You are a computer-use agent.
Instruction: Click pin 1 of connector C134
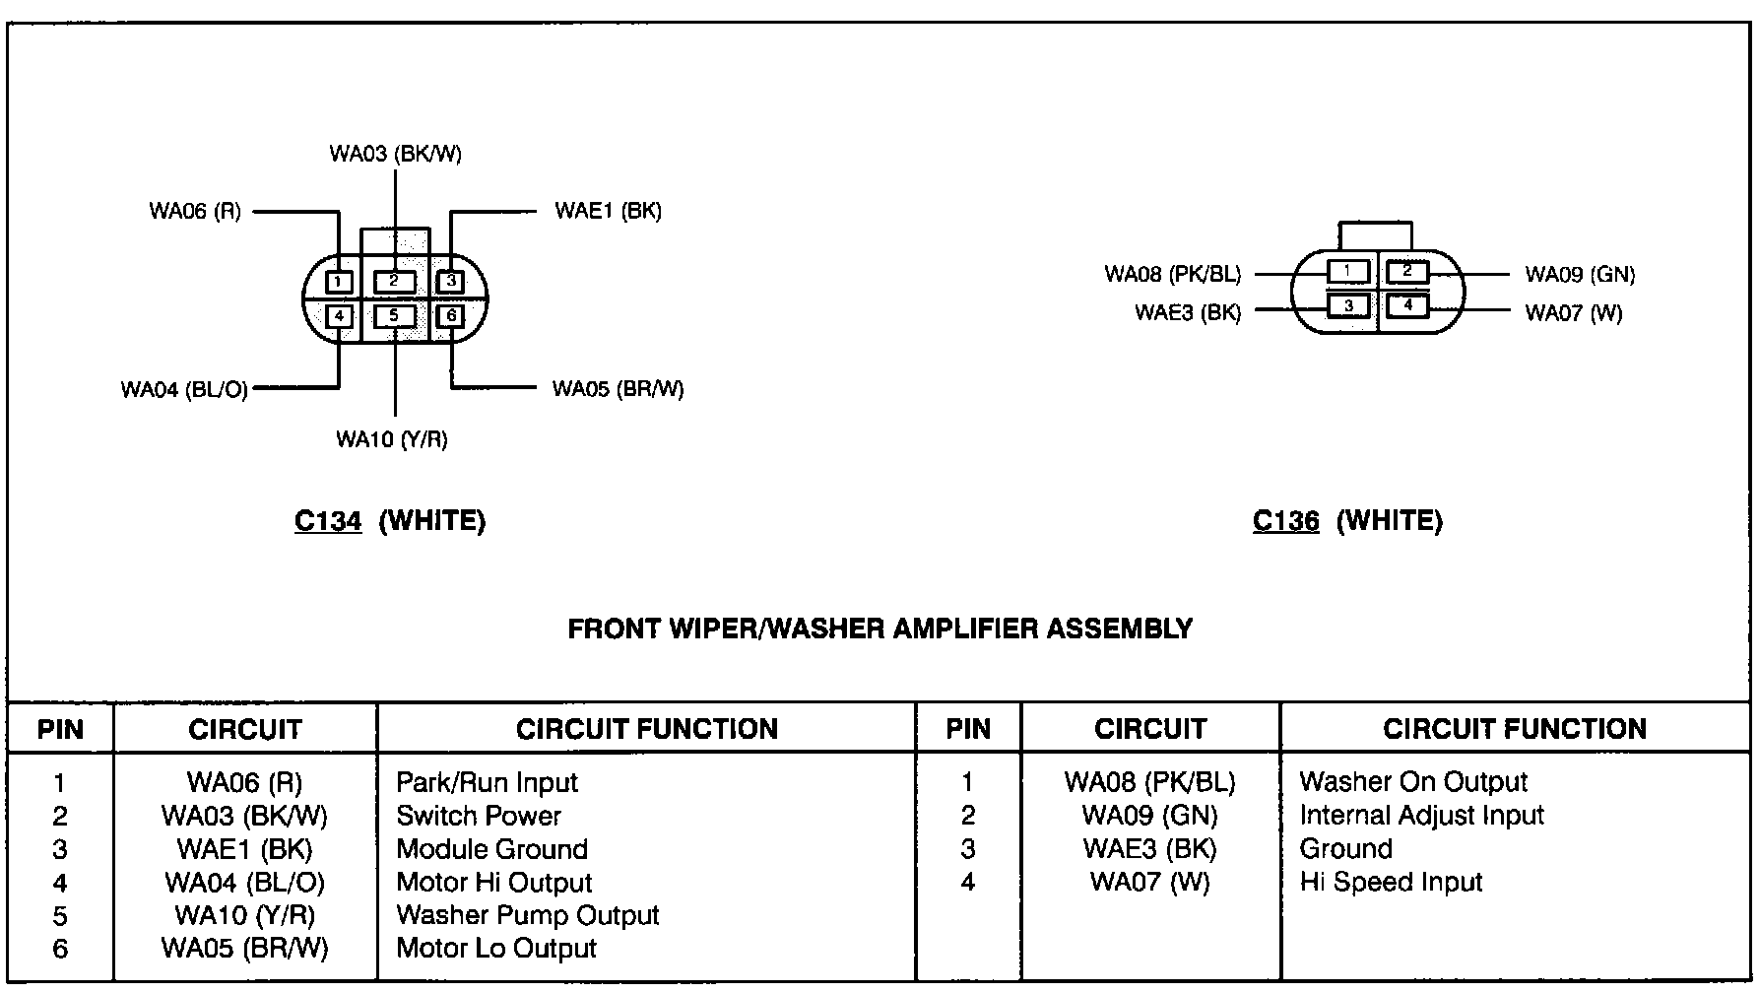coord(338,282)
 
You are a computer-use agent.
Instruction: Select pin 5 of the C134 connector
coord(394,316)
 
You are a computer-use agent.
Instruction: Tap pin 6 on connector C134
coord(451,316)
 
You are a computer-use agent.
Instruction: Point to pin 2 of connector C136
coord(1407,271)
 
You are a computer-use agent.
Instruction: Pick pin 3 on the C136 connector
coord(1348,305)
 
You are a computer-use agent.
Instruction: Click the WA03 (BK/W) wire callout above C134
coord(395,154)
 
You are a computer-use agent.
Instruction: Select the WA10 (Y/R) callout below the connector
coord(392,439)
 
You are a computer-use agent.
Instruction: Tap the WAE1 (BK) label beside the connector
coord(608,211)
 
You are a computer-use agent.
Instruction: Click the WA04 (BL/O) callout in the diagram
coord(184,390)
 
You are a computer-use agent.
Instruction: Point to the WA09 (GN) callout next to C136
coord(1580,275)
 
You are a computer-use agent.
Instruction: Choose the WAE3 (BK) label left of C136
coord(1188,313)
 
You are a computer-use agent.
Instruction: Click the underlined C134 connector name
coord(328,521)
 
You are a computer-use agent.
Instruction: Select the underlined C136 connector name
coord(1285,521)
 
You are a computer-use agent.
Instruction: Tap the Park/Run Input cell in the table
coord(487,783)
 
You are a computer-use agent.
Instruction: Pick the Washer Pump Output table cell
coord(527,915)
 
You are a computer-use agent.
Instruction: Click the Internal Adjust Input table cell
coord(1421,816)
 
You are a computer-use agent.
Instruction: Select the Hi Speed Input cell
coord(1391,882)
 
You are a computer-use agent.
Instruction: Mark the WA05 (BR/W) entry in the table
coord(244,949)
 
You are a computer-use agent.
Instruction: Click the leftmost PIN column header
coord(60,730)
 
